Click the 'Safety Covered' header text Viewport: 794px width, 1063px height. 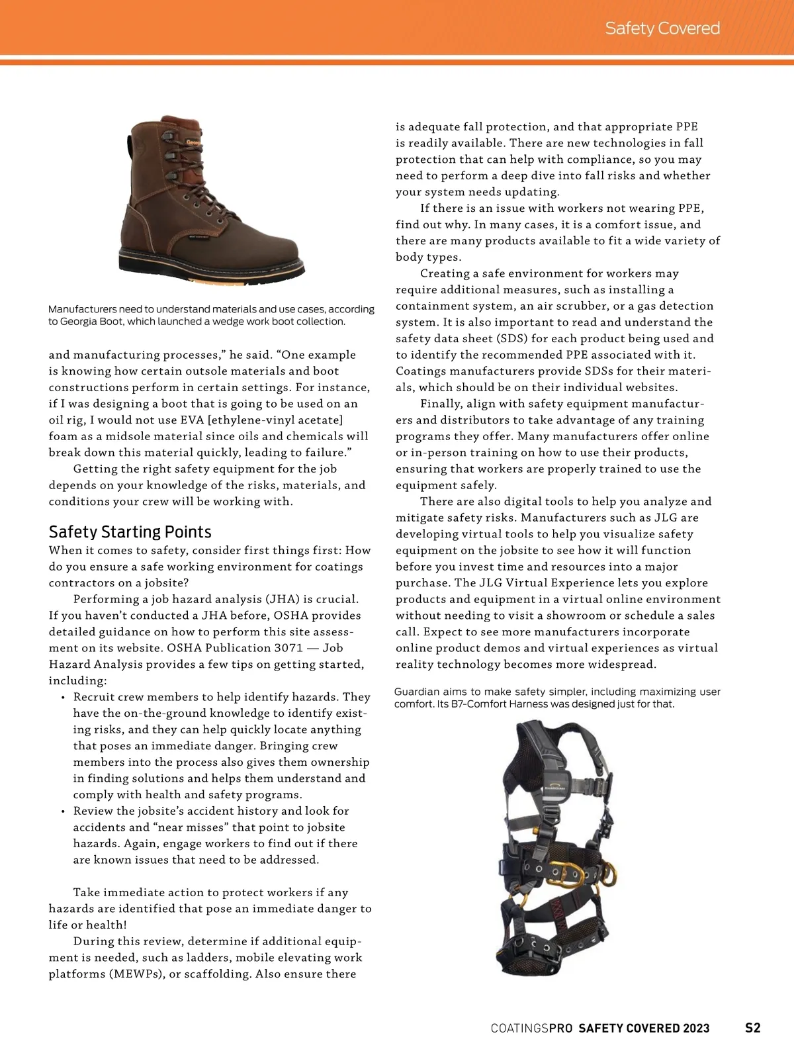[662, 28]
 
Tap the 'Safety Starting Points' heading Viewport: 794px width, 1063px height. [130, 532]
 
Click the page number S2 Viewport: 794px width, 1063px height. [753, 1028]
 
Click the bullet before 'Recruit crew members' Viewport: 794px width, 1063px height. [62, 698]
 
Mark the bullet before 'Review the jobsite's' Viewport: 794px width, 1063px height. [62, 811]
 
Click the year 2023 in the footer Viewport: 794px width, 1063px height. [696, 1029]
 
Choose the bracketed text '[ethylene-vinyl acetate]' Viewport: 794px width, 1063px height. [275, 420]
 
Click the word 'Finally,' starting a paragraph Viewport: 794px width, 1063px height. [441, 404]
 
